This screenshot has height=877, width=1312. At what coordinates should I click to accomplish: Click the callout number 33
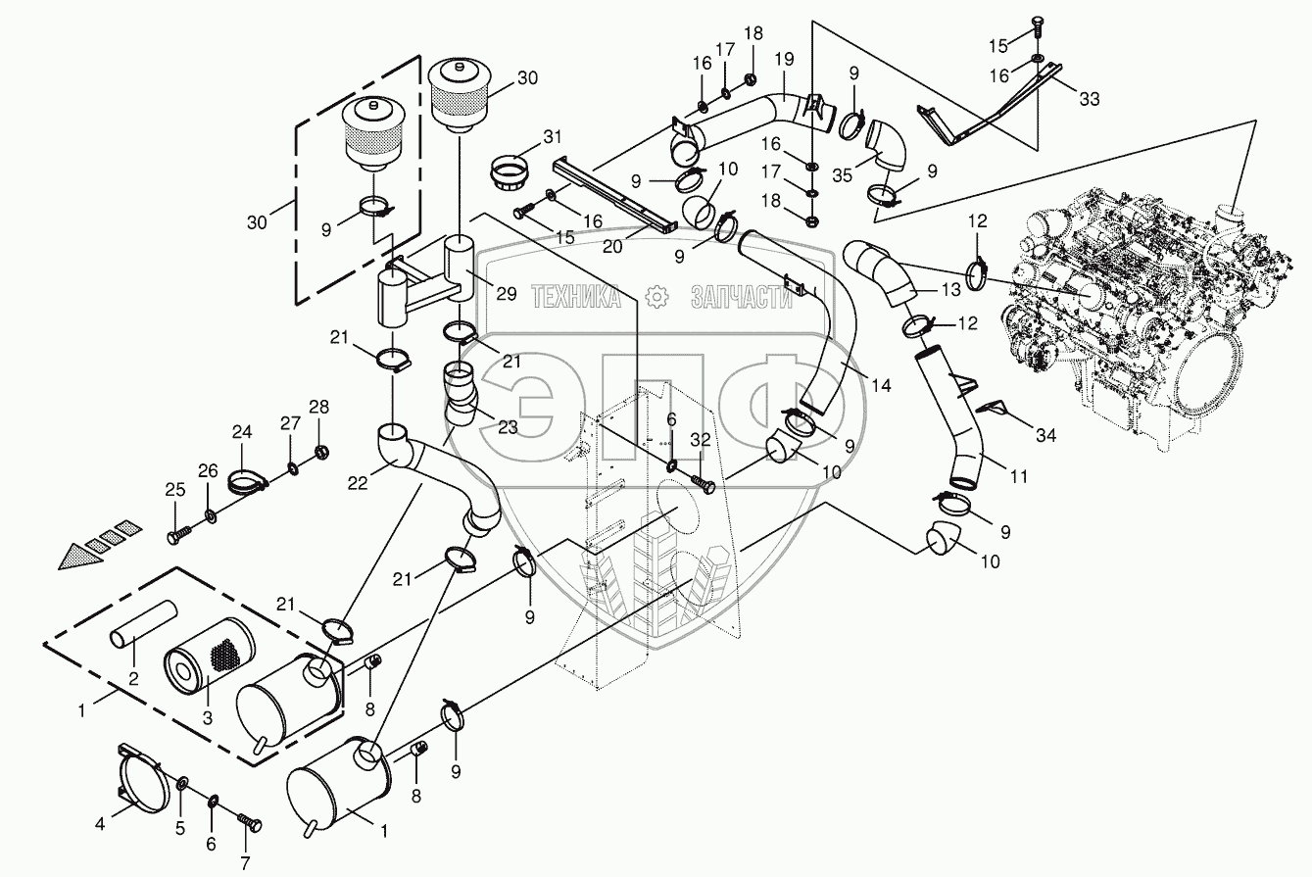pyautogui.click(x=1090, y=99)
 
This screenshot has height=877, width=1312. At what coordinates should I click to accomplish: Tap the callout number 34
pyautogui.click(x=1046, y=435)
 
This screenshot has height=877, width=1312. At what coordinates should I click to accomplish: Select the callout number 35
pyautogui.click(x=843, y=175)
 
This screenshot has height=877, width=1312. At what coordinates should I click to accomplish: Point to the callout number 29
pyautogui.click(x=507, y=294)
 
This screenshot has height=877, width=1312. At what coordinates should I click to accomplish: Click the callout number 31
pyautogui.click(x=552, y=136)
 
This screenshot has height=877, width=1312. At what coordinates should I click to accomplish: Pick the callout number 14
pyautogui.click(x=881, y=385)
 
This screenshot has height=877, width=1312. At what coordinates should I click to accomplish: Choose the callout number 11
pyautogui.click(x=1019, y=477)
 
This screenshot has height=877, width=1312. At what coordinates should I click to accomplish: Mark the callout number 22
pyautogui.click(x=358, y=483)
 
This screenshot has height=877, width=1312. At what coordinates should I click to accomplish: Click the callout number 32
pyautogui.click(x=700, y=439)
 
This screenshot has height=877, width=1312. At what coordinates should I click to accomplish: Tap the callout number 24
pyautogui.click(x=241, y=432)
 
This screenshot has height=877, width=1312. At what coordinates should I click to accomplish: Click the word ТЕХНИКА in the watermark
pyautogui.click(x=576, y=297)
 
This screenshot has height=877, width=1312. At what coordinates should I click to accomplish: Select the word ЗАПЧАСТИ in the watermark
pyautogui.click(x=742, y=297)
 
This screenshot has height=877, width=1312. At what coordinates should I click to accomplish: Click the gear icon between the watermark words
pyautogui.click(x=656, y=297)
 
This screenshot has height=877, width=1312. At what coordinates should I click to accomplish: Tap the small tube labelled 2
pyautogui.click(x=143, y=624)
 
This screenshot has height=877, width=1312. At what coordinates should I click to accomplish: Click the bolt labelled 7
pyautogui.click(x=250, y=822)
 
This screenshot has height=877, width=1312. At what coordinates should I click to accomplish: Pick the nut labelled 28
pyautogui.click(x=321, y=453)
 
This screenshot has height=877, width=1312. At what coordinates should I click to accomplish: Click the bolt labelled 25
pyautogui.click(x=179, y=534)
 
